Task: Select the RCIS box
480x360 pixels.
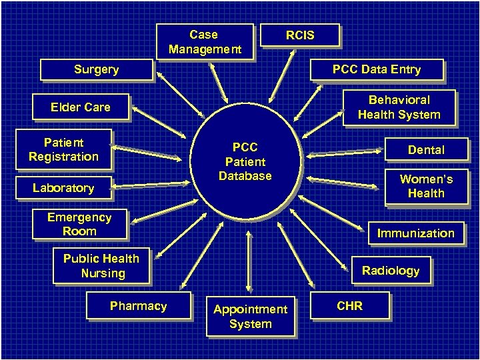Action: coord(300,35)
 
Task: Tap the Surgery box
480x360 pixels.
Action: coord(96,69)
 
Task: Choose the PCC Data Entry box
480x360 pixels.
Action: coord(377,69)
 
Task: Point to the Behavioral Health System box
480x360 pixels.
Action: coord(399,107)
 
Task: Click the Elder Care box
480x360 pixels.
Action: coord(81,107)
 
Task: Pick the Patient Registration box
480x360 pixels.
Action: coord(63,149)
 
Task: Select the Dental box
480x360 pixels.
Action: coord(426,150)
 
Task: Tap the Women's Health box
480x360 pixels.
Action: coord(426,186)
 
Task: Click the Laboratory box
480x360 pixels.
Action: coord(63,188)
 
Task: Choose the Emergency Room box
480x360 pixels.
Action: coord(79,225)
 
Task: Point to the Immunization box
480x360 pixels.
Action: coord(415,233)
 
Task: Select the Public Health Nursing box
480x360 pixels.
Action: coord(101,266)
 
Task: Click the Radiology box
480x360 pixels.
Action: coord(391,271)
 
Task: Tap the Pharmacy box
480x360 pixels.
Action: coord(138,306)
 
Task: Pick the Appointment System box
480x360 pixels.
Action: coord(250,317)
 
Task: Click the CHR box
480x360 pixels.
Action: coord(350,306)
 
